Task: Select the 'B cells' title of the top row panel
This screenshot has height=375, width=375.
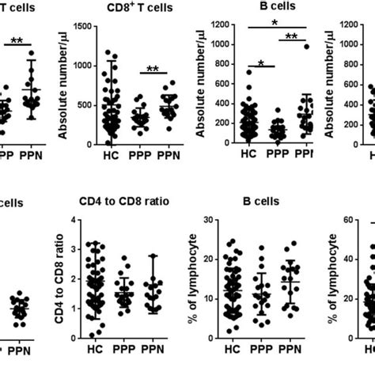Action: pyautogui.click(x=261, y=8)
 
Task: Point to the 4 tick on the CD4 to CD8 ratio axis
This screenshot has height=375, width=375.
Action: pyautogui.click(x=73, y=221)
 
